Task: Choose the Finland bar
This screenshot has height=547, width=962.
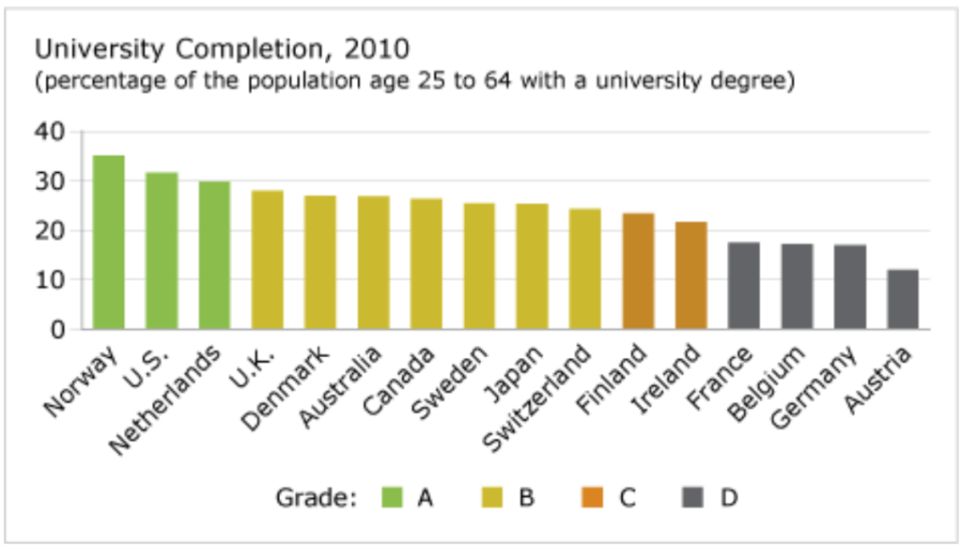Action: pos(639,272)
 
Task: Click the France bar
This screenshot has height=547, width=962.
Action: pos(744,286)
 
